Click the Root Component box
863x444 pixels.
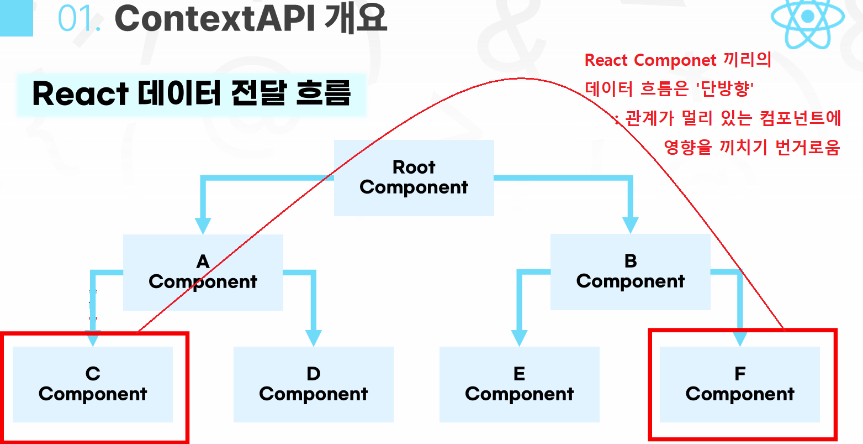[414, 177]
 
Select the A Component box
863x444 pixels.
[203, 272]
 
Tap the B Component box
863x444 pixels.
[630, 271]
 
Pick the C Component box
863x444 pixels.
[93, 384]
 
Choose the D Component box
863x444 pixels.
[313, 384]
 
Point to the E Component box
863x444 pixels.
[519, 384]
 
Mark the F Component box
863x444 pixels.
[740, 384]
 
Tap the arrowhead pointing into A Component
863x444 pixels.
[203, 225]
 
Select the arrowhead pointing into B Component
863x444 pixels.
[630, 224]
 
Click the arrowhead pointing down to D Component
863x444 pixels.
[313, 337]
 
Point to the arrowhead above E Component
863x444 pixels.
[519, 337]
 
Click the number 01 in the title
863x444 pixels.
[79, 19]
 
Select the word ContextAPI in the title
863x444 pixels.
[214, 19]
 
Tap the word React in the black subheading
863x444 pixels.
[80, 94]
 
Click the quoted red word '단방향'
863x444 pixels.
[725, 88]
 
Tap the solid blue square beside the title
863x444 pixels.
[17, 18]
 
